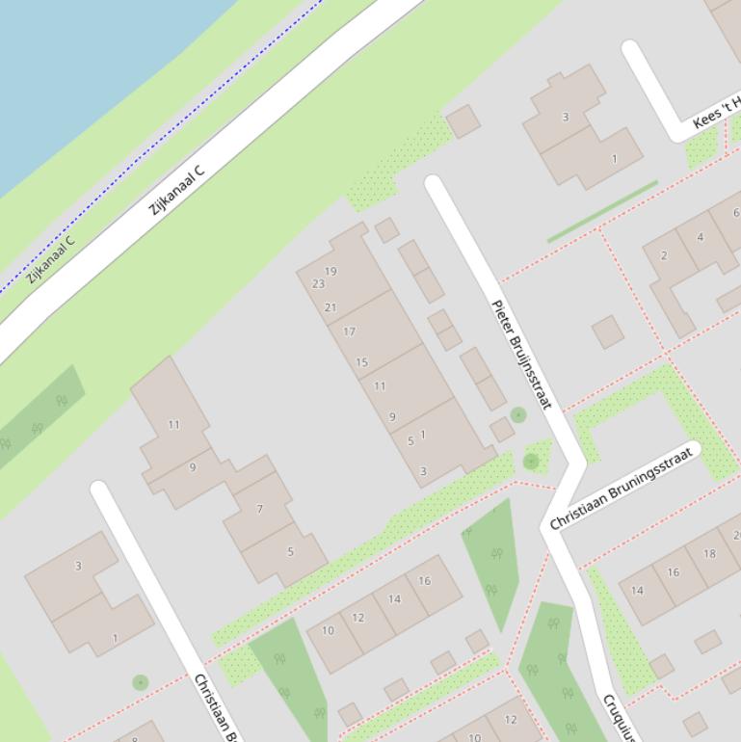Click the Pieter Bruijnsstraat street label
(521, 355)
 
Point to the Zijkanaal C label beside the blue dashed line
(50, 260)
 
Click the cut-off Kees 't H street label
(716, 112)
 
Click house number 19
(331, 271)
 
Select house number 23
(318, 283)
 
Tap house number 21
(331, 307)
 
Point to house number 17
(349, 331)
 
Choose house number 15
(361, 362)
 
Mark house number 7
(259, 508)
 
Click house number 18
(709, 553)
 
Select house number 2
(663, 255)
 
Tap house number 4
(700, 237)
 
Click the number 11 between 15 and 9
(380, 385)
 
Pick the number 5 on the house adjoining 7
(290, 551)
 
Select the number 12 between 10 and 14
(358, 618)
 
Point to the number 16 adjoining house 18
(673, 571)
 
